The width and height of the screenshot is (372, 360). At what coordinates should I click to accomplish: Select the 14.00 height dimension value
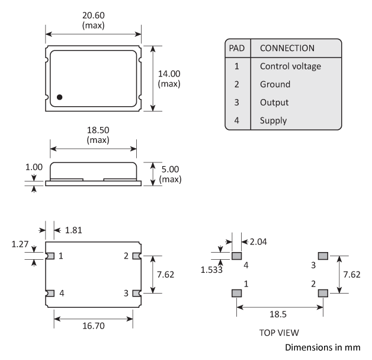pyautogui.click(x=171, y=74)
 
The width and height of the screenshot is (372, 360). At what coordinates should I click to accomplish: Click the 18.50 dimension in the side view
pyautogui.click(x=94, y=130)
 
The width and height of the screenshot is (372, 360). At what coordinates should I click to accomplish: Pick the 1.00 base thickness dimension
pyautogui.click(x=34, y=168)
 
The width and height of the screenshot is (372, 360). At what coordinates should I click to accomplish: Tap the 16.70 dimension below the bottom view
pyautogui.click(x=92, y=326)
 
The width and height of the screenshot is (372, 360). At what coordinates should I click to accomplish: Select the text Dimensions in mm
pyautogui.click(x=322, y=347)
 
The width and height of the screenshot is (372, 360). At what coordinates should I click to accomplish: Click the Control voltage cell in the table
pyautogui.click(x=290, y=66)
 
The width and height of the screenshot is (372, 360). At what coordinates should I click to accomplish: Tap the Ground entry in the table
pyautogui.click(x=275, y=84)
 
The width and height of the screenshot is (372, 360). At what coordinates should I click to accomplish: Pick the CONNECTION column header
pyautogui.click(x=287, y=47)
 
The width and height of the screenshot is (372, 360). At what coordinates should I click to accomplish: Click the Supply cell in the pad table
pyautogui.click(x=273, y=120)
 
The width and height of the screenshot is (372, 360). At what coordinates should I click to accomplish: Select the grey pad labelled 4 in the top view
pyautogui.click(x=236, y=256)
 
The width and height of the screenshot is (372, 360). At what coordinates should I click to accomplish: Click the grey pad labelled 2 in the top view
pyautogui.click(x=323, y=293)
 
